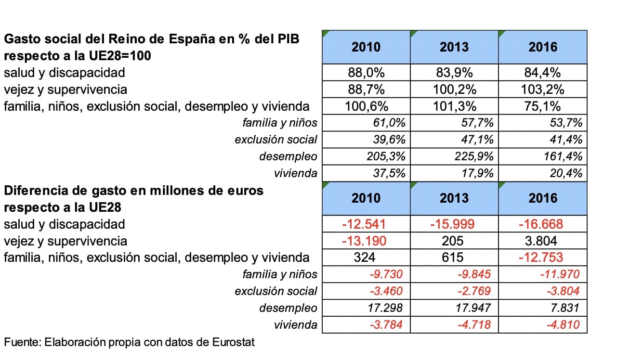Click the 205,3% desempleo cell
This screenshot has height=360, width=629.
pyautogui.click(x=366, y=156)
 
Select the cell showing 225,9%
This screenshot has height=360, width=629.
pyautogui.click(x=454, y=156)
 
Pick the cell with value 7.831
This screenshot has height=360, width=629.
pyautogui.click(x=542, y=308)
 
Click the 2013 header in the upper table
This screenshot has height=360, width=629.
pyautogui.click(x=454, y=47)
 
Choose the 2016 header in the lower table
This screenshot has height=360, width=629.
pyautogui.click(x=542, y=199)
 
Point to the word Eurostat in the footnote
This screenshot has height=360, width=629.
pyautogui.click(x=234, y=342)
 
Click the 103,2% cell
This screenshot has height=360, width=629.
pyautogui.click(x=542, y=89)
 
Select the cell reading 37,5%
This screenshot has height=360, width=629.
pyautogui.click(x=366, y=173)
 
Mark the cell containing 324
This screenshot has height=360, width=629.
pyautogui.click(x=366, y=257)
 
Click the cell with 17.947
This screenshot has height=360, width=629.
pyautogui.click(x=454, y=308)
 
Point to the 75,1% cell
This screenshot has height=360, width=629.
pyautogui.click(x=542, y=106)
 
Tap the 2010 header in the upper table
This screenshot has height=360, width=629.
pyautogui.click(x=366, y=47)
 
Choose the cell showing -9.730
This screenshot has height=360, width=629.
pyautogui.click(x=366, y=274)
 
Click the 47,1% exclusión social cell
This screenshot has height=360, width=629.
pyautogui.click(x=454, y=140)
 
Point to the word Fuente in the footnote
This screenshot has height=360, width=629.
pyautogui.click(x=23, y=342)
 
